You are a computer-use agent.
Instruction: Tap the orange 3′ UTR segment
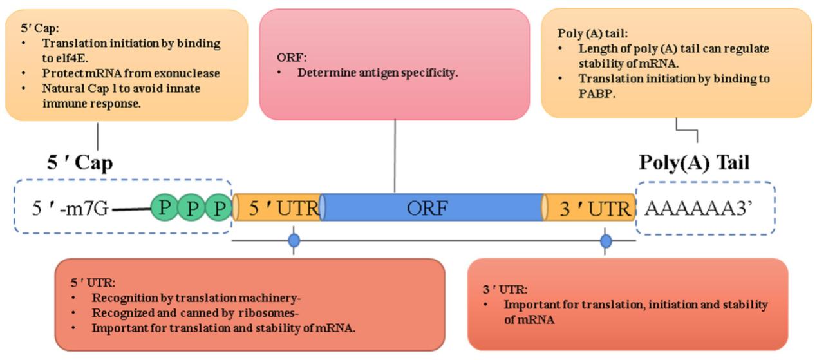coord(590,207)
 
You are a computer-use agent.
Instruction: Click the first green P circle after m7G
coord(165,207)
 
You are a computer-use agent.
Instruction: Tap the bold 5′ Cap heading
coord(80,163)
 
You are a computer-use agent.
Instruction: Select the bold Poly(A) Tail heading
coord(693,162)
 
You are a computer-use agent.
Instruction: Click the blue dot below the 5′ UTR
coord(294,241)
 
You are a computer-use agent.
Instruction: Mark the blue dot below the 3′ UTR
coord(606,241)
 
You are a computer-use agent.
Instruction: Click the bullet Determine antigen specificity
coord(377,73)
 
